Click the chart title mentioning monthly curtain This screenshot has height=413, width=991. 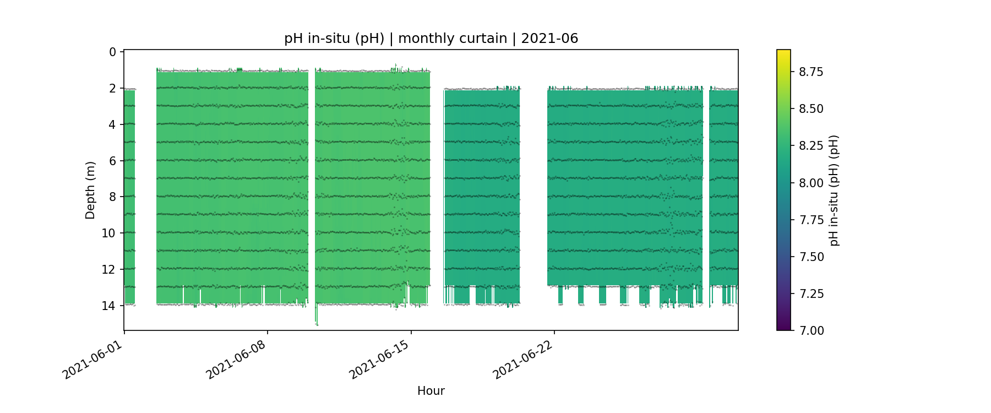click(431, 39)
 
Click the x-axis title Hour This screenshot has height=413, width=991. click(431, 391)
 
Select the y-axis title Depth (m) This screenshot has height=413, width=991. click(90, 190)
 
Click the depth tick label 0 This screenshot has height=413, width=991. click(112, 52)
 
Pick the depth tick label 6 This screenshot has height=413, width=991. click(112, 161)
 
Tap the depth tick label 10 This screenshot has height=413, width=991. click(109, 233)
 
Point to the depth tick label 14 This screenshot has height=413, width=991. click(109, 306)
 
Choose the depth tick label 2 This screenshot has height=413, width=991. click(112, 89)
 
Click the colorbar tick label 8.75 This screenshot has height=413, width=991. click(811, 72)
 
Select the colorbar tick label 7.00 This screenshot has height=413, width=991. click(811, 330)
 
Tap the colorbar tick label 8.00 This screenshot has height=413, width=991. click(811, 183)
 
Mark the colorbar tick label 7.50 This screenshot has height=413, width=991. click(811, 257)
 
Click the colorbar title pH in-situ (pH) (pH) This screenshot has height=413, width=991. click(834, 190)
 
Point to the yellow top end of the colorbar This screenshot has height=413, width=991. click(783, 52)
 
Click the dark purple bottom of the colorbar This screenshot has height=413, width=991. click(783, 327)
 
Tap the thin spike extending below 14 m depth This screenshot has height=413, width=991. click(317, 319)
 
